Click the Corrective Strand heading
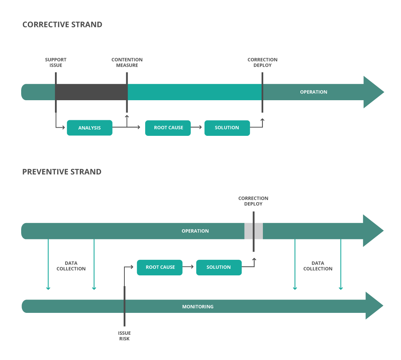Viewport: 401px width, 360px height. pos(62,25)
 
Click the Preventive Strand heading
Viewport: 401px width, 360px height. pos(62,172)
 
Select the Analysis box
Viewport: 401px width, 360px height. pos(89,128)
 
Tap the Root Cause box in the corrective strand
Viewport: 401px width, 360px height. pos(168,128)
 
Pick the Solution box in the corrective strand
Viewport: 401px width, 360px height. pos(227,128)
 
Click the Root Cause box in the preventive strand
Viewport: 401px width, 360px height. pos(160,267)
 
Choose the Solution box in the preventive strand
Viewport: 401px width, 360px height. pos(219,267)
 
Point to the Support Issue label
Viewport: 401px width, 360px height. pos(56,62)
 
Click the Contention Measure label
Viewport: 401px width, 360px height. pos(127,62)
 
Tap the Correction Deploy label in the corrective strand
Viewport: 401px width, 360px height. pos(263,62)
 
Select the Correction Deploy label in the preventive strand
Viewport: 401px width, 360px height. pos(253,201)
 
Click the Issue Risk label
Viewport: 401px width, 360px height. pos(124,336)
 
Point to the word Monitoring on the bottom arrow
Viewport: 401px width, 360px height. pos(198,307)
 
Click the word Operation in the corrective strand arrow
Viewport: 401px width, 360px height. pos(313,92)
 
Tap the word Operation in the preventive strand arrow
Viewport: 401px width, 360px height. pos(195,231)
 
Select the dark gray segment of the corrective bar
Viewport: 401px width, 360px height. pos(91,92)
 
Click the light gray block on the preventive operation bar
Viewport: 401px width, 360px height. pos(248,231)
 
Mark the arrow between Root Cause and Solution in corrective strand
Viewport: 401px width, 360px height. pos(197,128)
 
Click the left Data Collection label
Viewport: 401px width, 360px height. pos(71,266)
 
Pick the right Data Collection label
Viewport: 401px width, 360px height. pos(317,266)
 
